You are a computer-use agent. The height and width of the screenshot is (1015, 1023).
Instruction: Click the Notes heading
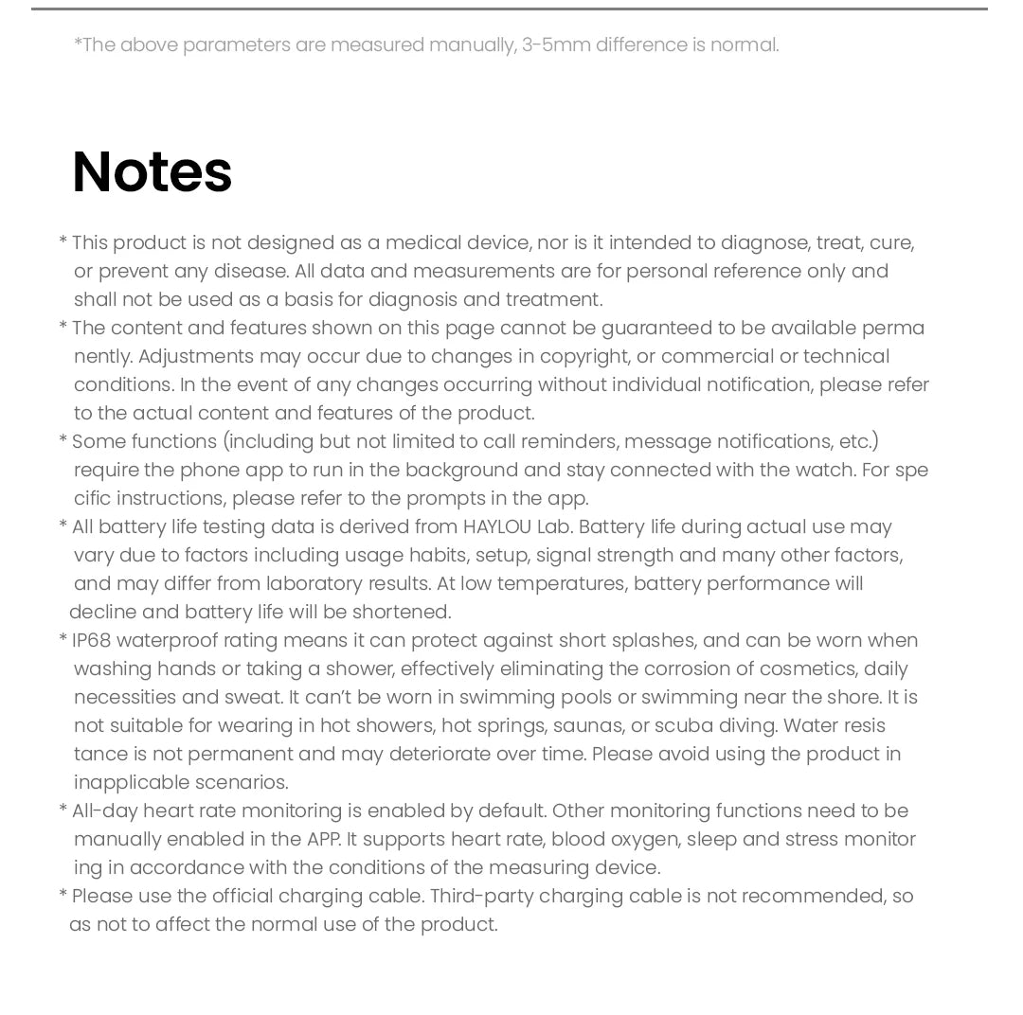(152, 172)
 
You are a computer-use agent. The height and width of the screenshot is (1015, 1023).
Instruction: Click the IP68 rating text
(91, 640)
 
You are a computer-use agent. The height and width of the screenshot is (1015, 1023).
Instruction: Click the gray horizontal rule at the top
(510, 9)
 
